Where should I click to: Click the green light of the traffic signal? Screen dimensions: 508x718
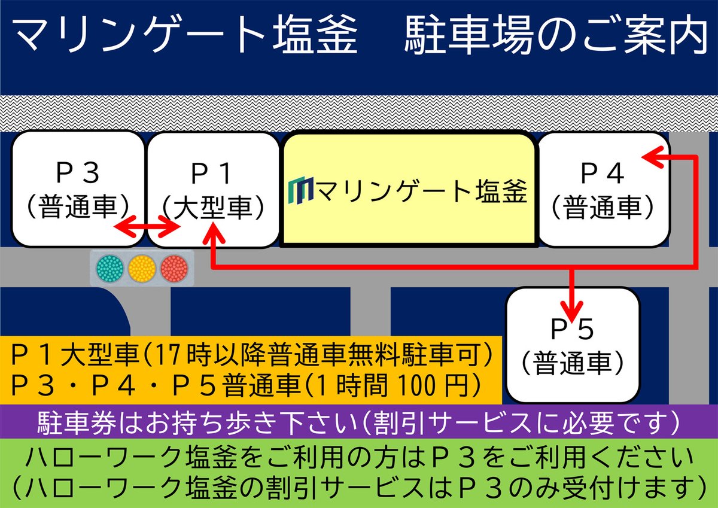point(110,267)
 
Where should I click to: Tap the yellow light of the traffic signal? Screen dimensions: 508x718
point(142,267)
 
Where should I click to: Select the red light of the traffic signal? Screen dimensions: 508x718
point(174,267)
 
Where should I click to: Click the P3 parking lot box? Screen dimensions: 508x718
point(78,188)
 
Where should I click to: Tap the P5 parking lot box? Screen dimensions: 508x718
point(573,344)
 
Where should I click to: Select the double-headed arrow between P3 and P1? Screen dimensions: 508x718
point(147,227)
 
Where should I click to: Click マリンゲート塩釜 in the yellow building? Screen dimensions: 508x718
point(422,191)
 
